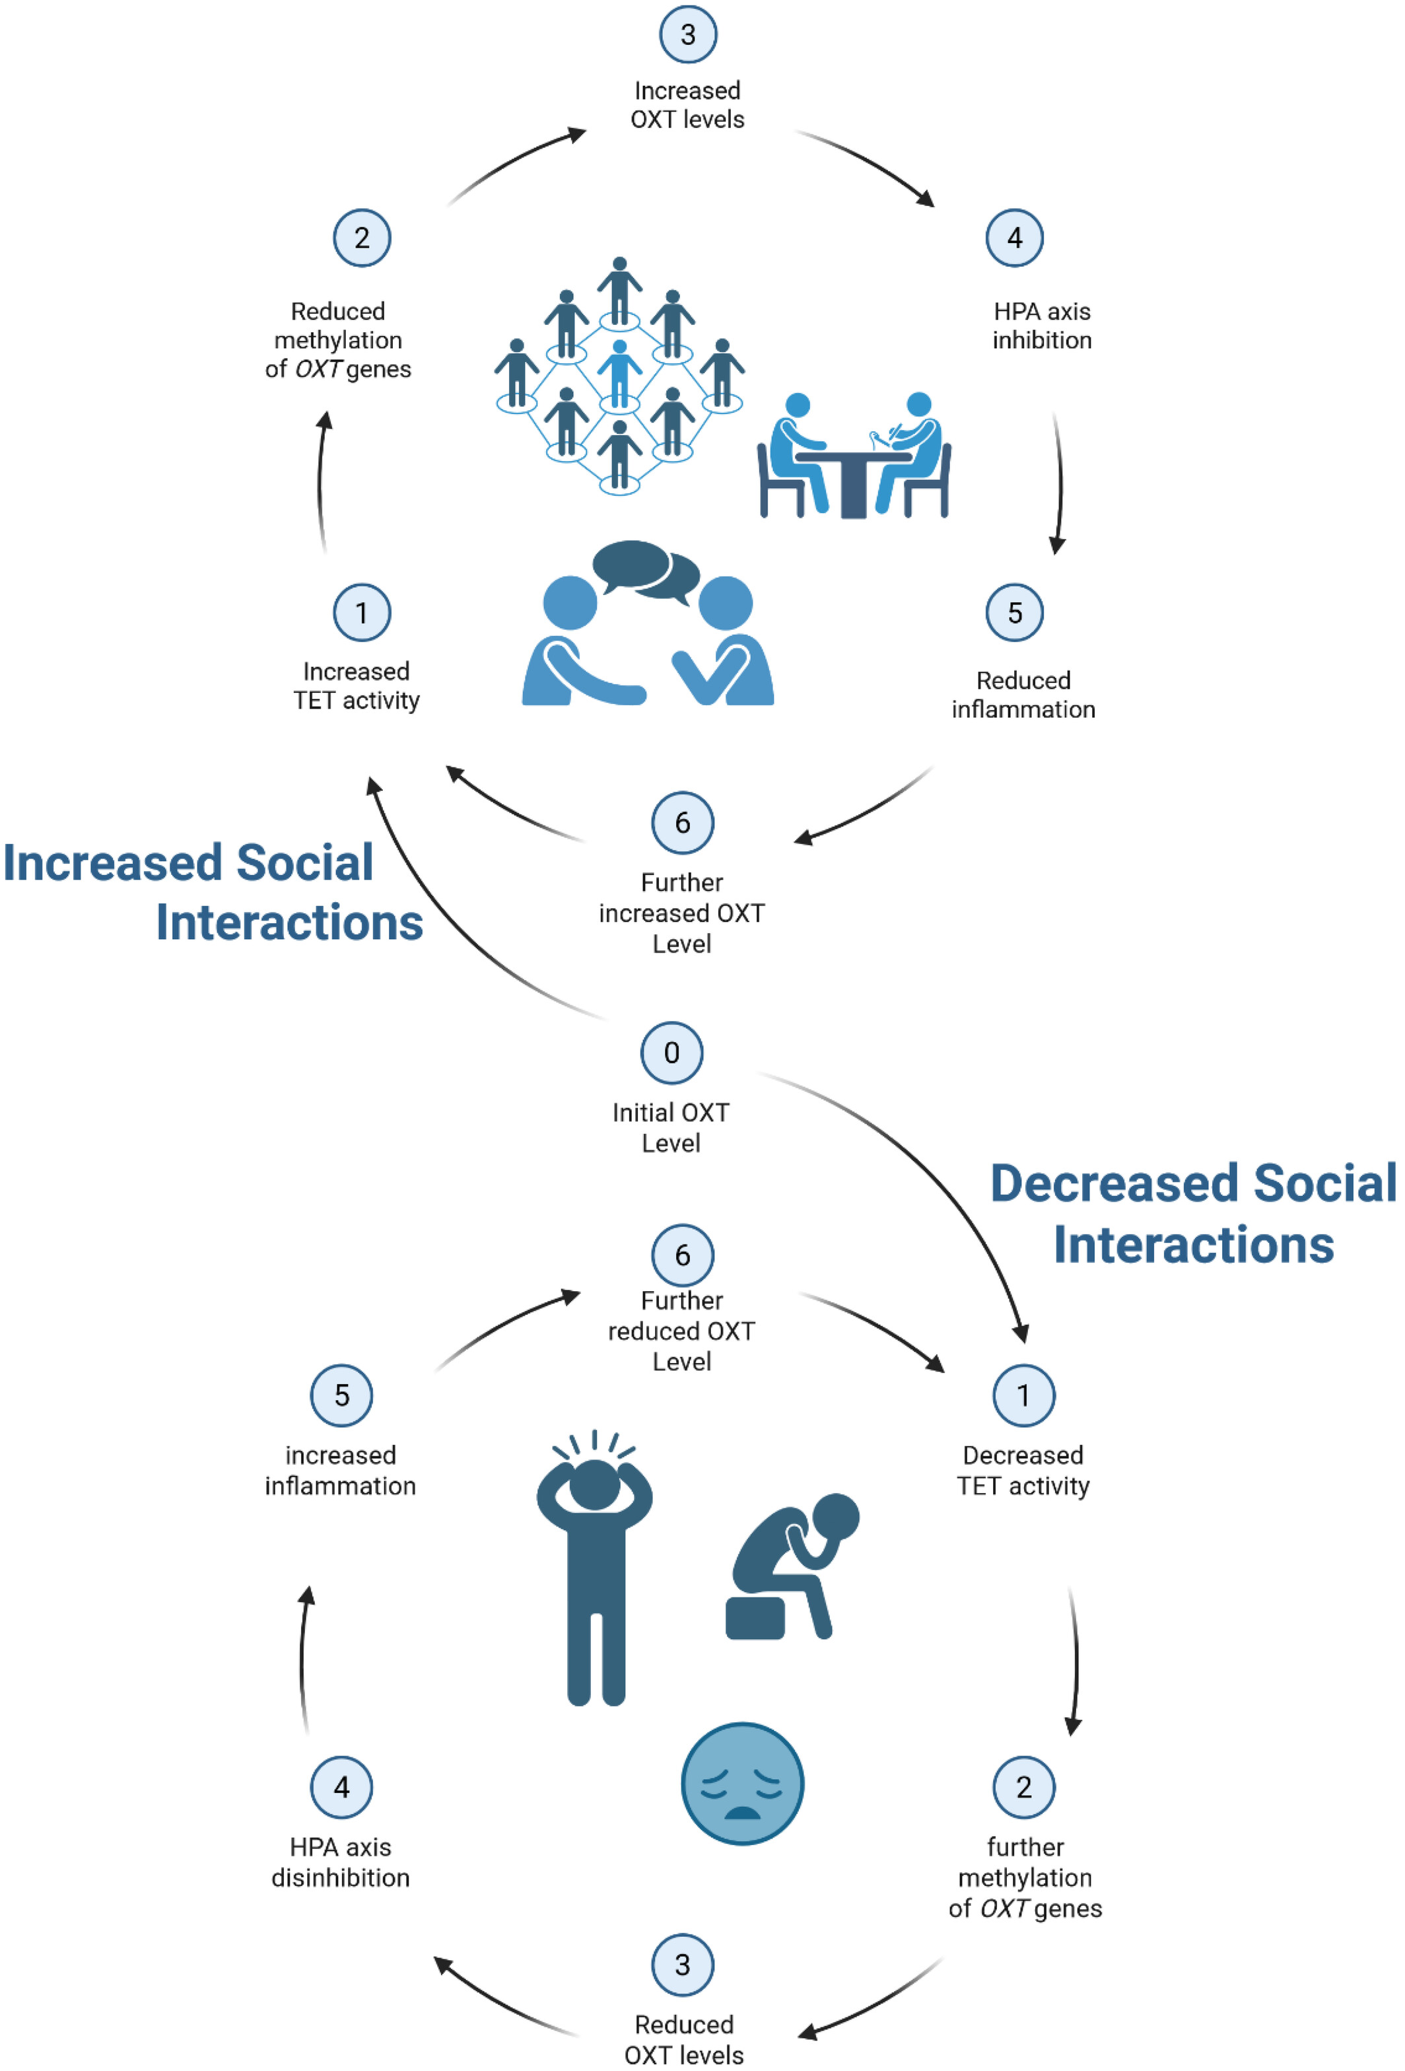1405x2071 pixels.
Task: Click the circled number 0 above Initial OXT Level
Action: (x=671, y=1053)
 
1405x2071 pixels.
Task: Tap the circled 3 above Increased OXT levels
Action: (x=688, y=35)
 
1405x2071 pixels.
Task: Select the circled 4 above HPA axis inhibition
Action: (x=1014, y=238)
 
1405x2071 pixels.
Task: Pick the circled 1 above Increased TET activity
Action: (x=362, y=612)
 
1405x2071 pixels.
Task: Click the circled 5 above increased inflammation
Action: (x=341, y=1395)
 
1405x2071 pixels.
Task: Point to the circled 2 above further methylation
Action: (x=1023, y=1787)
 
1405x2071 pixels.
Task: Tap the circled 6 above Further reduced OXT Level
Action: (x=683, y=1255)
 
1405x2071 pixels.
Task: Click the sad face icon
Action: (x=742, y=1783)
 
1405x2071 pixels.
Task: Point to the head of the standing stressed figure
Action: (x=594, y=1484)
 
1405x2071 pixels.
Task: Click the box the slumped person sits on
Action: (x=755, y=1617)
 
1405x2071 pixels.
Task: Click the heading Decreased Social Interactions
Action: (x=1193, y=1214)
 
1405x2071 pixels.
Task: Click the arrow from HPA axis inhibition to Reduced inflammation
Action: (x=1058, y=481)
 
